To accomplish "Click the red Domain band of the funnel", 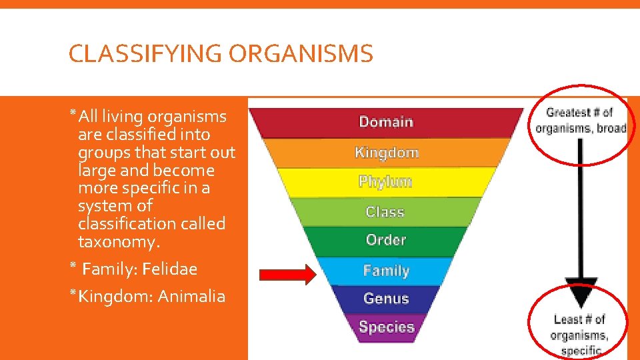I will point(386,122).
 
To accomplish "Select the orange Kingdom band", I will point(386,153).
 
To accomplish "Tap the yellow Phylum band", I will point(386,182).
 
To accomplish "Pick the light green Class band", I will point(385,212).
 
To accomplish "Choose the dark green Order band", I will point(386,240).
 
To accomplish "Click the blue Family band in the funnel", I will point(386,271).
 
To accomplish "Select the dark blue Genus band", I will point(386,299).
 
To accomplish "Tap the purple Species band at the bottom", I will point(387,327).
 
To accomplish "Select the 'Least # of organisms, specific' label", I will point(579,335).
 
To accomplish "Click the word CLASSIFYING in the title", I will point(145,54).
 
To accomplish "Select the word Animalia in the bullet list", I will point(191,296).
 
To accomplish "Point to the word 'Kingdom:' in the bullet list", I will point(115,296).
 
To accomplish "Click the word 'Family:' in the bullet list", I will point(106,269).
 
